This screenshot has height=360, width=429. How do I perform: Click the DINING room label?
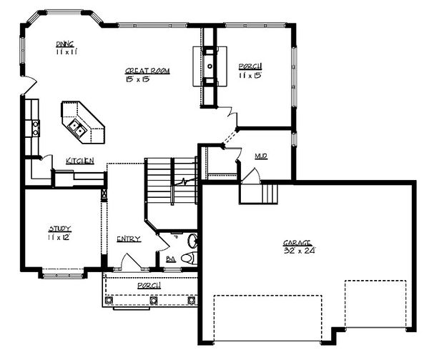[x=66, y=44]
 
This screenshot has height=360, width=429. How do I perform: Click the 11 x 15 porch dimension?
[x=250, y=75]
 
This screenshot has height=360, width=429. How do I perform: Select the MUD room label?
[x=262, y=155]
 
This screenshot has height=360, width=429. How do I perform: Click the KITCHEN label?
[x=80, y=161]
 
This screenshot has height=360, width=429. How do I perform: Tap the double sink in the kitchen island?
[x=78, y=129]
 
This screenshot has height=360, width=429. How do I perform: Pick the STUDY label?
[x=60, y=229]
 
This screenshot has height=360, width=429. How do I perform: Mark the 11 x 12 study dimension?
[x=60, y=236]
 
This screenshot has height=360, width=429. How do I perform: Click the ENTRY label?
[x=129, y=239]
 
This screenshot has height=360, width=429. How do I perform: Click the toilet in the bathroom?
[x=189, y=258]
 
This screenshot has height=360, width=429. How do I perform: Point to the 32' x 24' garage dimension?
[x=299, y=251]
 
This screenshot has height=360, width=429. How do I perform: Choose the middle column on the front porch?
[x=150, y=300]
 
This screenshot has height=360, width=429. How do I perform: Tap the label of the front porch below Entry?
[x=149, y=285]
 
